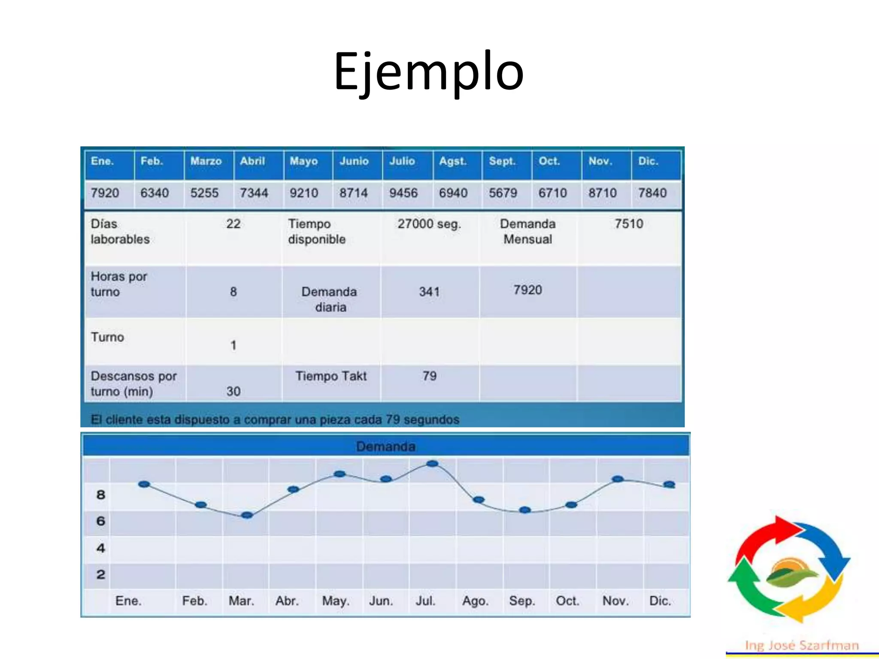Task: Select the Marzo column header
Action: [206, 161]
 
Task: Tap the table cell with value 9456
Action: [403, 193]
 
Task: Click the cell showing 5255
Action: [204, 193]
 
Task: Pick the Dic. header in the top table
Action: [648, 161]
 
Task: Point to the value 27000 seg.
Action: [429, 224]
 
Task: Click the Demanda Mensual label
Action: [527, 232]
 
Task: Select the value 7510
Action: [628, 224]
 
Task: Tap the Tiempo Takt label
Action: [330, 376]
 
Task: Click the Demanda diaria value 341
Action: [429, 292]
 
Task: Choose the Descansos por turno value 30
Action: [233, 391]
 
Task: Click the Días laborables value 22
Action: [233, 224]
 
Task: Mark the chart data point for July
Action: [433, 464]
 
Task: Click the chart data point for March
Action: [247, 515]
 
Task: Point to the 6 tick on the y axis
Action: [100, 521]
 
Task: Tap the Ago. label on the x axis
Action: [475, 601]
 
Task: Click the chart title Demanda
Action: [385, 447]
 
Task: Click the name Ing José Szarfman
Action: [802, 645]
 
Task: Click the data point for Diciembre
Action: [669, 485]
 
